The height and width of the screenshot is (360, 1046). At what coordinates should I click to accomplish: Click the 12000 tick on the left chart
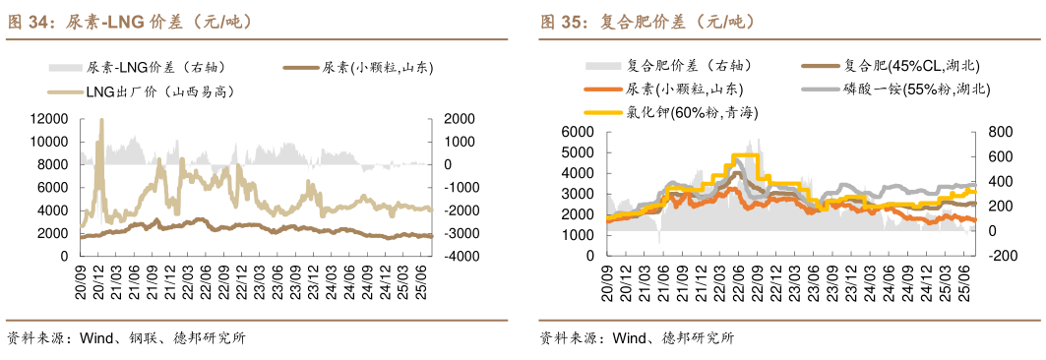pos(48,118)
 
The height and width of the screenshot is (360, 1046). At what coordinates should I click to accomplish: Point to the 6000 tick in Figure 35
pos(579,132)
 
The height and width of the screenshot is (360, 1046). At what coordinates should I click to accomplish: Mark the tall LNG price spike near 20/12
pos(100,123)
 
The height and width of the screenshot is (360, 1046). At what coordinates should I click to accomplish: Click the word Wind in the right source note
pos(629,338)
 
